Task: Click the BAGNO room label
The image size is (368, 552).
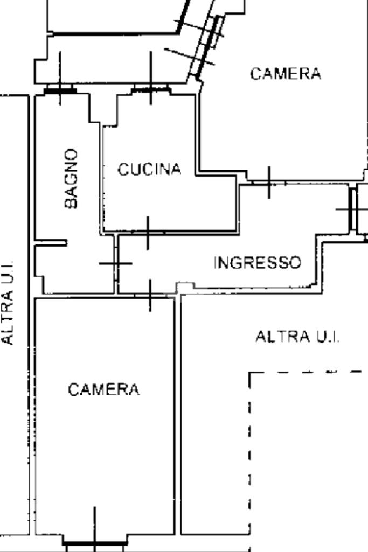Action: [x=71, y=178]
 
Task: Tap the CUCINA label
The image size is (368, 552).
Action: [x=149, y=170]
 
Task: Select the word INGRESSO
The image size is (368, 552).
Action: [x=257, y=263]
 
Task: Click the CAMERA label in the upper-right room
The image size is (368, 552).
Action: [x=285, y=74]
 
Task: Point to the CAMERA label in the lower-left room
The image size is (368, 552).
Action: [x=103, y=389]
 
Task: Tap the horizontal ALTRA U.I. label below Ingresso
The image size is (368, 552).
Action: [x=297, y=337]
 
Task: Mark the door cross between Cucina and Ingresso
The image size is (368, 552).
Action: [x=148, y=233]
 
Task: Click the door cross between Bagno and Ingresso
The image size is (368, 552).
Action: [x=115, y=263]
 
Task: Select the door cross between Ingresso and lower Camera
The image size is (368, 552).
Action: [x=150, y=295]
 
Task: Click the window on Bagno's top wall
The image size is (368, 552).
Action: [x=60, y=90]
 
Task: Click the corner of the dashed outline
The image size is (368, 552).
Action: [x=251, y=373]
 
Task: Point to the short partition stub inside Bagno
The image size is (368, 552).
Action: [x=51, y=242]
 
